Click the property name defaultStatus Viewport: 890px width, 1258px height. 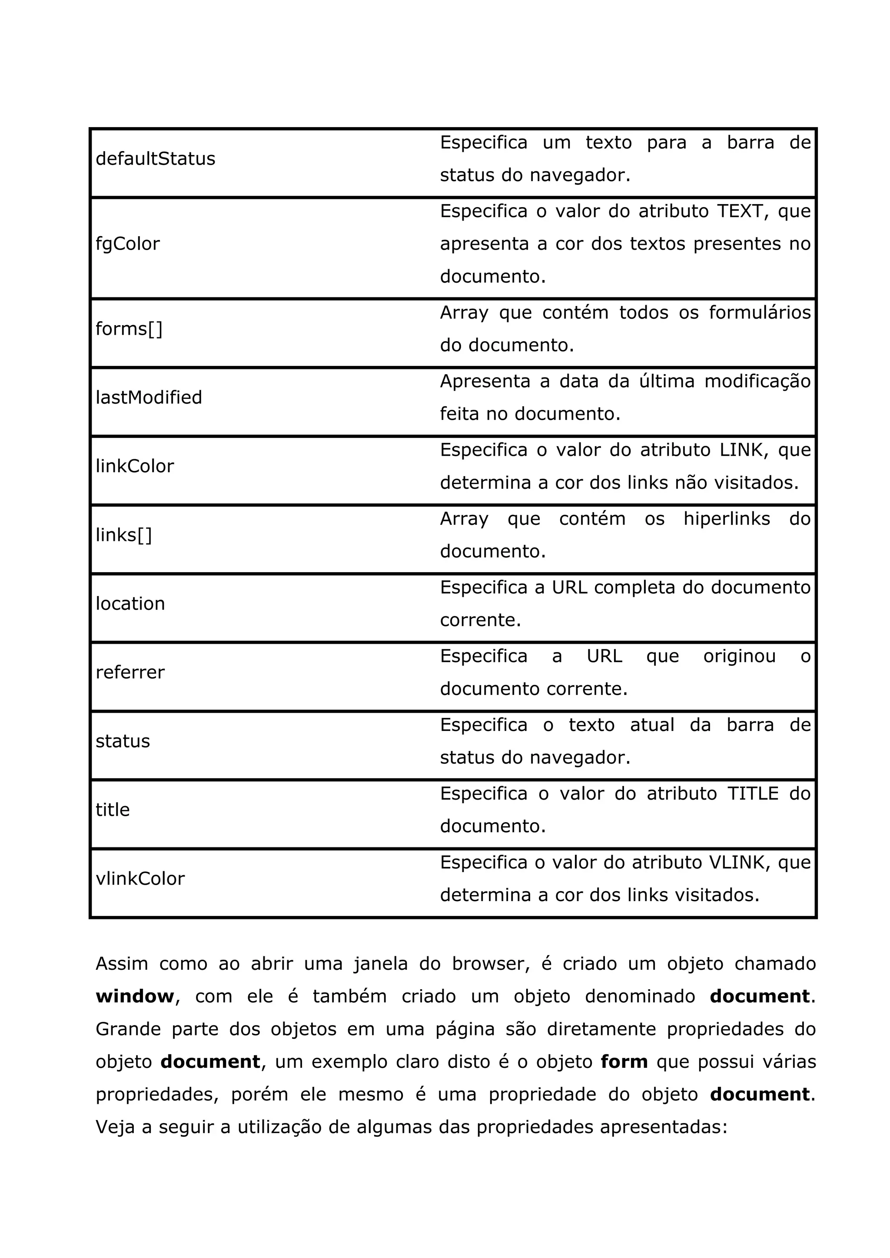(x=155, y=159)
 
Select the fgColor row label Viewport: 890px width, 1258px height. (x=127, y=244)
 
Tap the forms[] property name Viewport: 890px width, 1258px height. (x=129, y=329)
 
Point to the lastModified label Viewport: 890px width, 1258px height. (x=149, y=397)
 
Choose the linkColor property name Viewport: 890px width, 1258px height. (x=134, y=466)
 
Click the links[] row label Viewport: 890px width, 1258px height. (x=123, y=535)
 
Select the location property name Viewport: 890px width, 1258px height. (x=130, y=604)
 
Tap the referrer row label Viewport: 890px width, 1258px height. (x=130, y=672)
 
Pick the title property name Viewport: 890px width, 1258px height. (x=113, y=810)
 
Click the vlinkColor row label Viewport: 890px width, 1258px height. (x=140, y=879)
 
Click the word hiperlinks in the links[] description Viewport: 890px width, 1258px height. (x=727, y=518)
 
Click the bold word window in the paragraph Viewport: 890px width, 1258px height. (x=135, y=997)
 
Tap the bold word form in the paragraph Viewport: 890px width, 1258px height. (x=624, y=1062)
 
